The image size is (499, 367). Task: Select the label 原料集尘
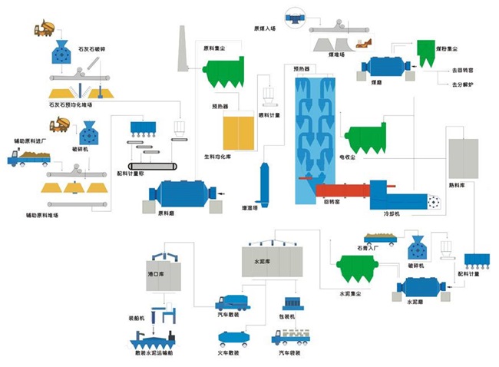point(213,48)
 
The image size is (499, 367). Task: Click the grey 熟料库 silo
point(463,159)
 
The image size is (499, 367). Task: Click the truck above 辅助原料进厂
point(28,159)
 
